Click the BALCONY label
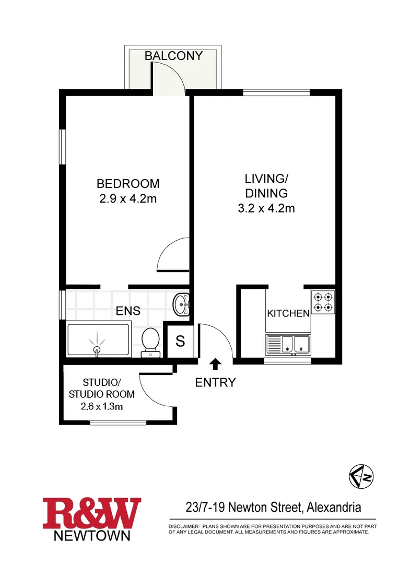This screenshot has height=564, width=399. click(173, 56)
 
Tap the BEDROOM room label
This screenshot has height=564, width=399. click(128, 184)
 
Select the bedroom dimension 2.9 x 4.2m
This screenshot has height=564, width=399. click(128, 199)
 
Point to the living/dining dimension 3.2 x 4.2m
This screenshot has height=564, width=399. click(266, 208)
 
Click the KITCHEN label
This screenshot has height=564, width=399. click(288, 314)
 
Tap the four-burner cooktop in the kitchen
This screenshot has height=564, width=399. click(323, 302)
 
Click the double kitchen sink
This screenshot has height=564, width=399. click(288, 344)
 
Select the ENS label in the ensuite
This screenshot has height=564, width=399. click(128, 311)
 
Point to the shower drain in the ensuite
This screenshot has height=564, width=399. click(97, 349)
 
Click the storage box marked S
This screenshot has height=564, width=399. click(180, 342)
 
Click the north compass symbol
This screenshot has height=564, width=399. click(362, 476)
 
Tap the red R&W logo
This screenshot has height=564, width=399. click(92, 514)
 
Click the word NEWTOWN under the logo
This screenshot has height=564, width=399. click(92, 536)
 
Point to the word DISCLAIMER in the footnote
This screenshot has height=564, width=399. click(183, 526)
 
